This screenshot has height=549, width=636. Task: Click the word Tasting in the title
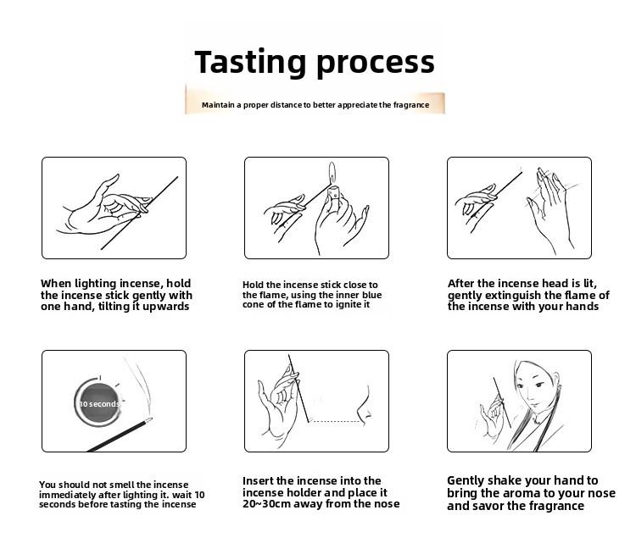(250, 63)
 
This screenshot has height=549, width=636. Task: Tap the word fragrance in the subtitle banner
(411, 105)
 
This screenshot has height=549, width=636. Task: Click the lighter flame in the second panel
(332, 173)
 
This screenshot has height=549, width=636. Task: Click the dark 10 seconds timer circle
(98, 402)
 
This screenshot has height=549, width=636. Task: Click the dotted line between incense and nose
(335, 421)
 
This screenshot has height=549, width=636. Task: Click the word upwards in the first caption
(166, 307)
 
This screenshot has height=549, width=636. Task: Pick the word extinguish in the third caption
(513, 295)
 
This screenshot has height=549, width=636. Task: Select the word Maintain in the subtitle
(218, 105)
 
